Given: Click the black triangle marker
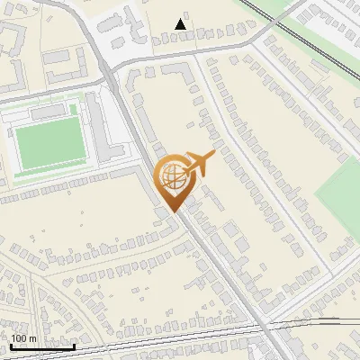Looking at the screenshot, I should [x=182, y=24].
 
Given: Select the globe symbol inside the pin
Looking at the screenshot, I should [x=172, y=175].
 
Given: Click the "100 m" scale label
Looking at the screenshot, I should [x=23, y=338].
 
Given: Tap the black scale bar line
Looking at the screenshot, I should [x=42, y=346].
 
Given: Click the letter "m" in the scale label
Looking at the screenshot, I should [x=32, y=338].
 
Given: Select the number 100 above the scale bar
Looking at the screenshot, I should [x=19, y=338].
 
